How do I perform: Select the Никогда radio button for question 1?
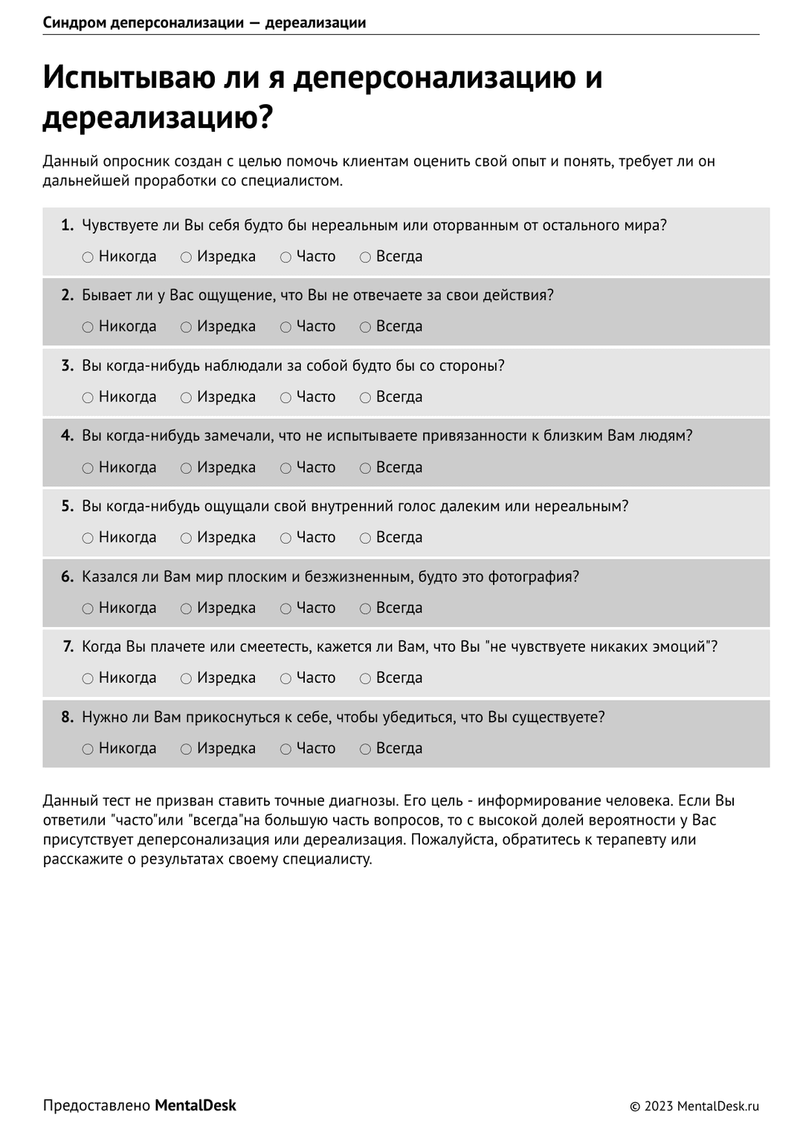(88, 257)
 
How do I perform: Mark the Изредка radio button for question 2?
(186, 327)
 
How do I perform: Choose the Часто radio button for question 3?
(286, 398)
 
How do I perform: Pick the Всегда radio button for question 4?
(365, 468)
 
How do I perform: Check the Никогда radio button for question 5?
(88, 538)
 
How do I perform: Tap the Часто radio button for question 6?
(286, 608)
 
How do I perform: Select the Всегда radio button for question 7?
(365, 678)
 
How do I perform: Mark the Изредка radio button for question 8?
(186, 749)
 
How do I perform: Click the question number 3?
(68, 366)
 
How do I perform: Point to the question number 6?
(68, 577)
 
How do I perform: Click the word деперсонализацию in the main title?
(435, 78)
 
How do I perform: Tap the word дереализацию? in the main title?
(158, 118)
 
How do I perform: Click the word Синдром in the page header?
(74, 22)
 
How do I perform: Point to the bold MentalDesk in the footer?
(196, 1106)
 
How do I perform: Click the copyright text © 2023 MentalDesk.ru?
(694, 1107)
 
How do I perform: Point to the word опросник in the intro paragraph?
(130, 161)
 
